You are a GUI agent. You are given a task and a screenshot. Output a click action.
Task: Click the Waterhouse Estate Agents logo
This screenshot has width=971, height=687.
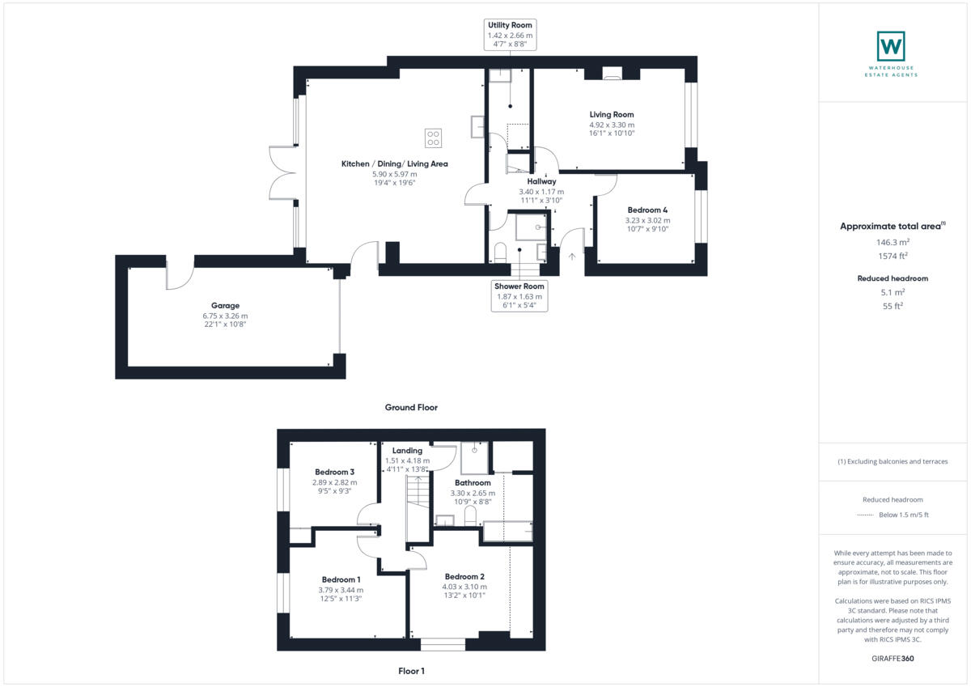(x=891, y=47)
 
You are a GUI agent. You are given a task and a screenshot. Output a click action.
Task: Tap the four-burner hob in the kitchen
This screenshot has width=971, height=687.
(x=434, y=138)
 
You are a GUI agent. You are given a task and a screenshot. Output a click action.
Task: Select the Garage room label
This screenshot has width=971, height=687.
(x=226, y=306)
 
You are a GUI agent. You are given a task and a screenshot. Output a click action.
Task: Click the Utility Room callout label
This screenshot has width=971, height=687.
(x=510, y=26)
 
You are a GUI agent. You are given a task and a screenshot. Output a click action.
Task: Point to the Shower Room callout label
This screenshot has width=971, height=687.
(x=519, y=286)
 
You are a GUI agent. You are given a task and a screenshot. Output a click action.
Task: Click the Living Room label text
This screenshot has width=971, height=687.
(x=611, y=115)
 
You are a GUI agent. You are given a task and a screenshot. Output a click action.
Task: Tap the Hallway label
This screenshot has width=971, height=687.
(x=541, y=182)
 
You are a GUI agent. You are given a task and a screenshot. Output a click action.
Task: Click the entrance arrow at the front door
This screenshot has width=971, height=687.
(x=573, y=257)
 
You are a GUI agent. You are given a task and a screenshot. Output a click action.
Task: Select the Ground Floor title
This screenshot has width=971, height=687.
(x=411, y=407)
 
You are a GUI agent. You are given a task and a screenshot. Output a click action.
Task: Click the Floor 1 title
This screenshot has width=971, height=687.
(x=411, y=671)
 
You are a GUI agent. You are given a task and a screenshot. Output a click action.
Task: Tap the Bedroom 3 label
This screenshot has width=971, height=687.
(x=334, y=472)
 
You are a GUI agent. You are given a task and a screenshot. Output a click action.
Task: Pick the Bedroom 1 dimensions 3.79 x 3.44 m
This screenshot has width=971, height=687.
(x=341, y=590)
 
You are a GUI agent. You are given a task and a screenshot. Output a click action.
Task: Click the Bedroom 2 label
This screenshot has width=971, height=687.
(x=464, y=576)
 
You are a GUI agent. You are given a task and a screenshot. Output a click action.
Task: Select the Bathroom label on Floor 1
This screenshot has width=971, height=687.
(x=473, y=483)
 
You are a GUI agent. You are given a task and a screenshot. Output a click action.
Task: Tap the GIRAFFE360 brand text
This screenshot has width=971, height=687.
(x=893, y=659)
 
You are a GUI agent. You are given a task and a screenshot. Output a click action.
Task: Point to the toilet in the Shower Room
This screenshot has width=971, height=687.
(x=499, y=251)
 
